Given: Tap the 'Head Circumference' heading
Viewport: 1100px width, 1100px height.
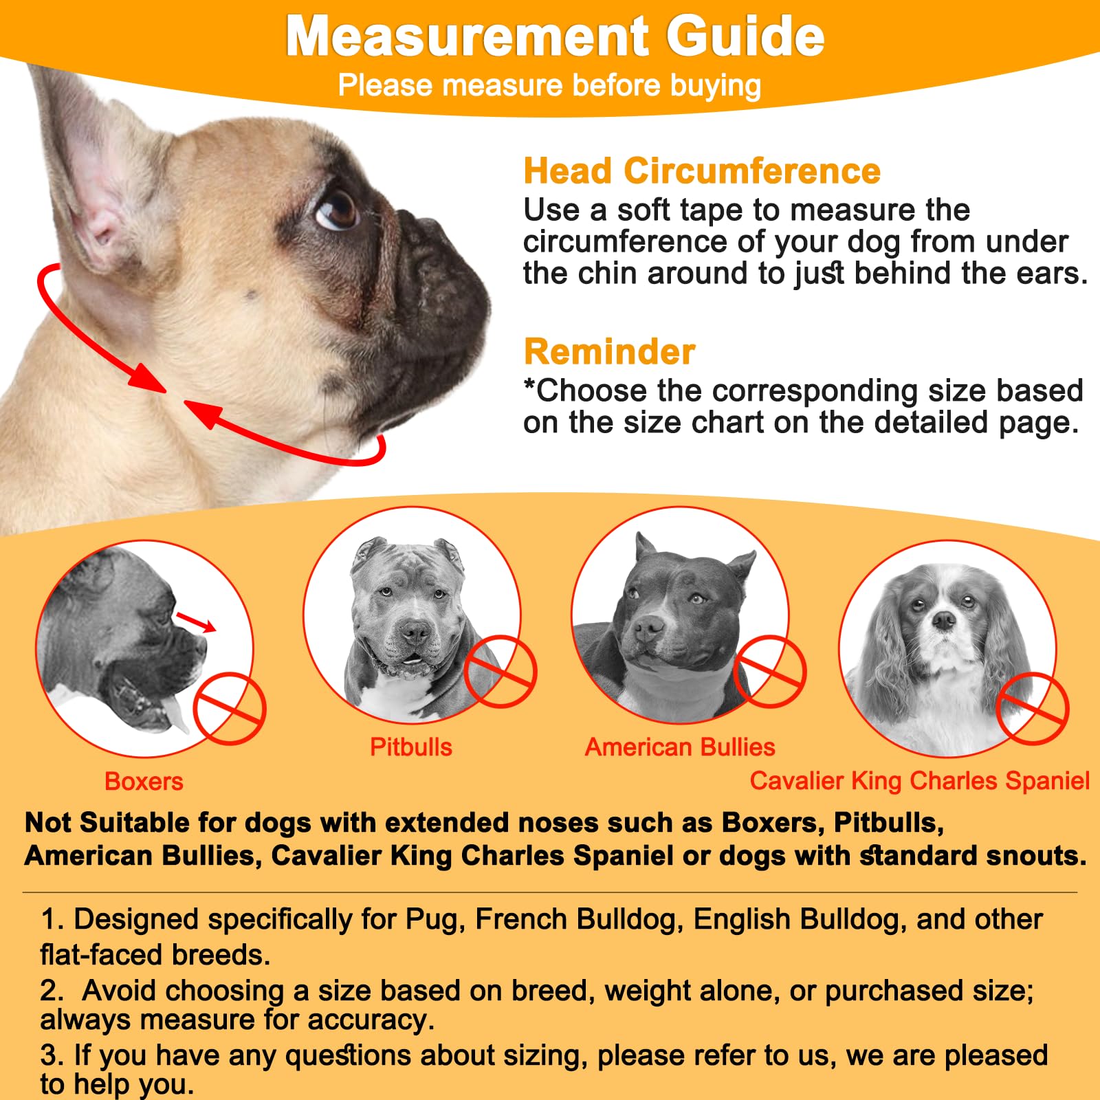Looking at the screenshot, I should [701, 170].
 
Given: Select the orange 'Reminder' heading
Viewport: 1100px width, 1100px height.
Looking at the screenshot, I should [609, 351].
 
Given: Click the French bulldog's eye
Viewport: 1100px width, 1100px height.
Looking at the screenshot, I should [336, 209].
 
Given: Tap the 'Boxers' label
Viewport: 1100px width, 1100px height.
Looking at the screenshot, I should [144, 782].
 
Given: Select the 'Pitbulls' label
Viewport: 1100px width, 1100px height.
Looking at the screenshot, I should [410, 747].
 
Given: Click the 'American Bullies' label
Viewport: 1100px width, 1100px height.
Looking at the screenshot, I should [679, 747].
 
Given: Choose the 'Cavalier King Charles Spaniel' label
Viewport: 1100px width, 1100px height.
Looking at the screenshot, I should [919, 781].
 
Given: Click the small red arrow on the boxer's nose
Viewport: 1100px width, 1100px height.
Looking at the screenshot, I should [196, 621].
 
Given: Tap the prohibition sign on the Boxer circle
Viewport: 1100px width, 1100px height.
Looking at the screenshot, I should [229, 708].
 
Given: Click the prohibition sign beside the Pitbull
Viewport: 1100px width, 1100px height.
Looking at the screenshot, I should [500, 672].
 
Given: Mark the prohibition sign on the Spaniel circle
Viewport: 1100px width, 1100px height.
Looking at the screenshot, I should [1032, 708].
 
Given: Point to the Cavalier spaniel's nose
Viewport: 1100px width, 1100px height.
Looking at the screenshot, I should [944, 621].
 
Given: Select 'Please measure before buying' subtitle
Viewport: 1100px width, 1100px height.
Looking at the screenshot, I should [549, 86].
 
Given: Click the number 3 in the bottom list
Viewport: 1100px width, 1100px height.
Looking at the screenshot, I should [48, 1055].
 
